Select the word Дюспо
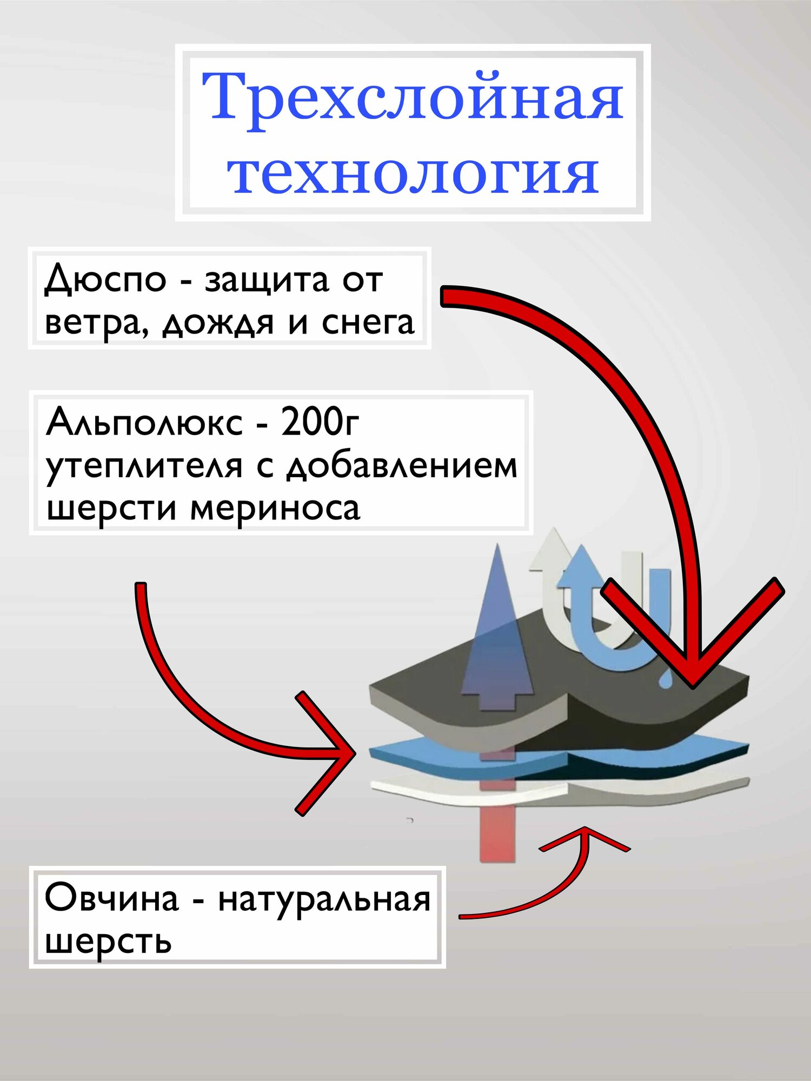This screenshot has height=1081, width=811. click(x=105, y=280)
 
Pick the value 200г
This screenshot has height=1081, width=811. click(x=320, y=422)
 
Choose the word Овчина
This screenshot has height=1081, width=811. click(x=111, y=898)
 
